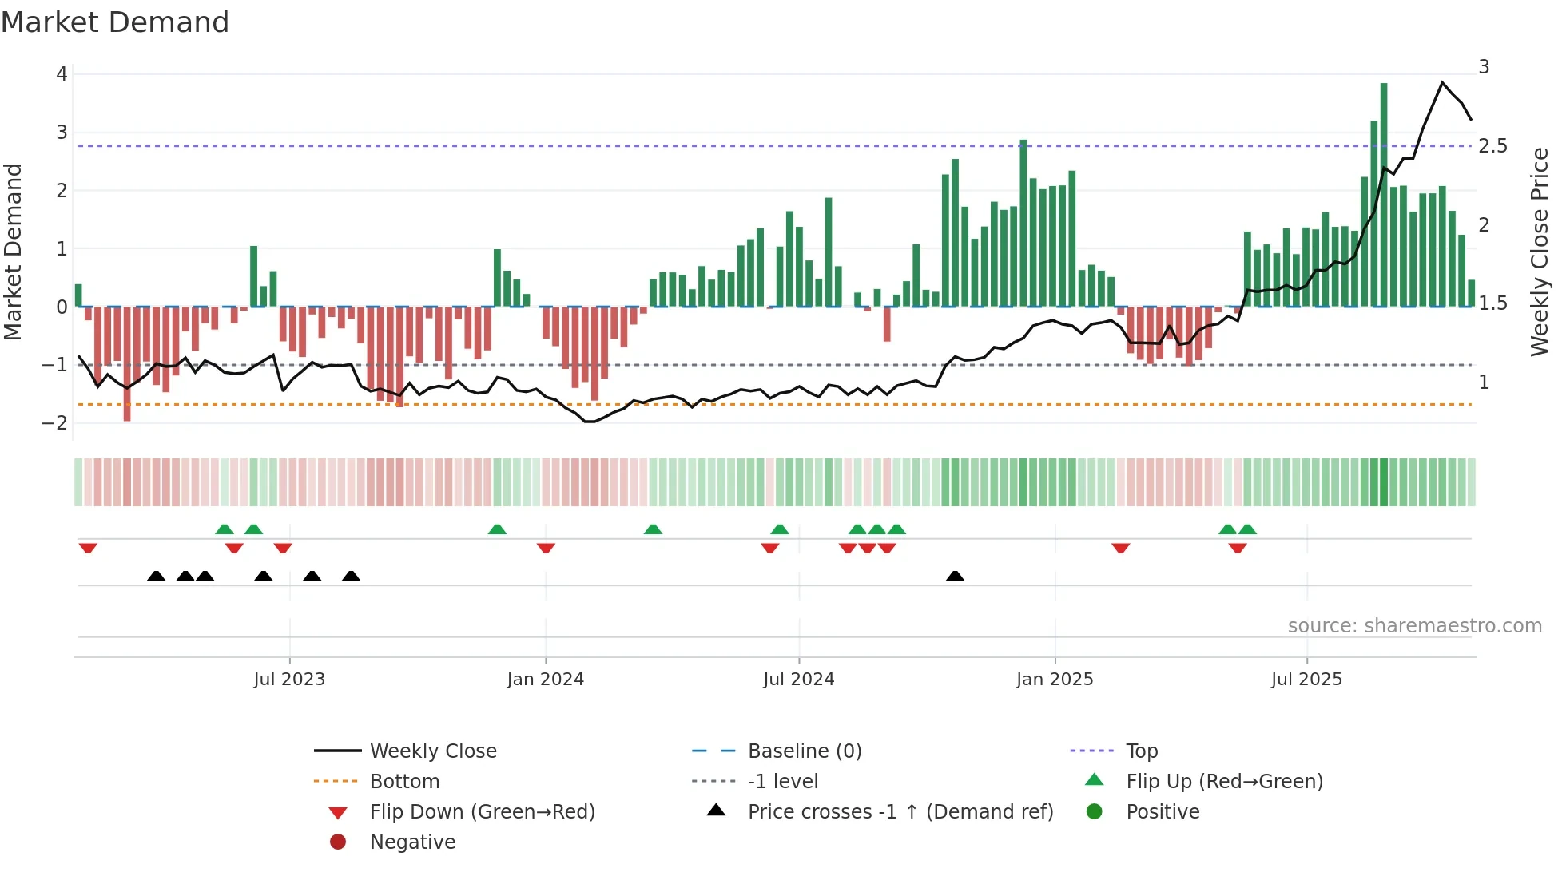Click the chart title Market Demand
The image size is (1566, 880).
click(x=115, y=22)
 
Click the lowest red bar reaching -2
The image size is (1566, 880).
click(x=127, y=363)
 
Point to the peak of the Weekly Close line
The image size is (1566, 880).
click(x=1442, y=82)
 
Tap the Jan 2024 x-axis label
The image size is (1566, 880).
click(x=546, y=680)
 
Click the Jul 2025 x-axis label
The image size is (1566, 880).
click(x=1306, y=680)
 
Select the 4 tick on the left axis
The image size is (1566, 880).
click(x=62, y=74)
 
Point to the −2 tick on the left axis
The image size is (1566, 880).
click(x=55, y=422)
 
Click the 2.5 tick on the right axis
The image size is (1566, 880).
click(x=1492, y=146)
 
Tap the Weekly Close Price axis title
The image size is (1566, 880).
click(x=1540, y=252)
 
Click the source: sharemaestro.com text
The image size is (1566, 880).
click(x=1414, y=626)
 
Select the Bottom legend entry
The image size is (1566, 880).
click(x=404, y=782)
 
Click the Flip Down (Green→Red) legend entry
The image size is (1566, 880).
click(x=482, y=812)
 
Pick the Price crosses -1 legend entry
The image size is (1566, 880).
click(x=900, y=812)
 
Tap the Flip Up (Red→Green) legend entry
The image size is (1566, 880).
click(x=1224, y=782)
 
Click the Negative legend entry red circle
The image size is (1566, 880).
click(x=338, y=842)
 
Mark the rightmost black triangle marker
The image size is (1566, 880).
click(x=955, y=576)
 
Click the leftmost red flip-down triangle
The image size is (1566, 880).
click(x=88, y=548)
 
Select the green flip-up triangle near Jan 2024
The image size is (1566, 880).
click(x=497, y=529)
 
